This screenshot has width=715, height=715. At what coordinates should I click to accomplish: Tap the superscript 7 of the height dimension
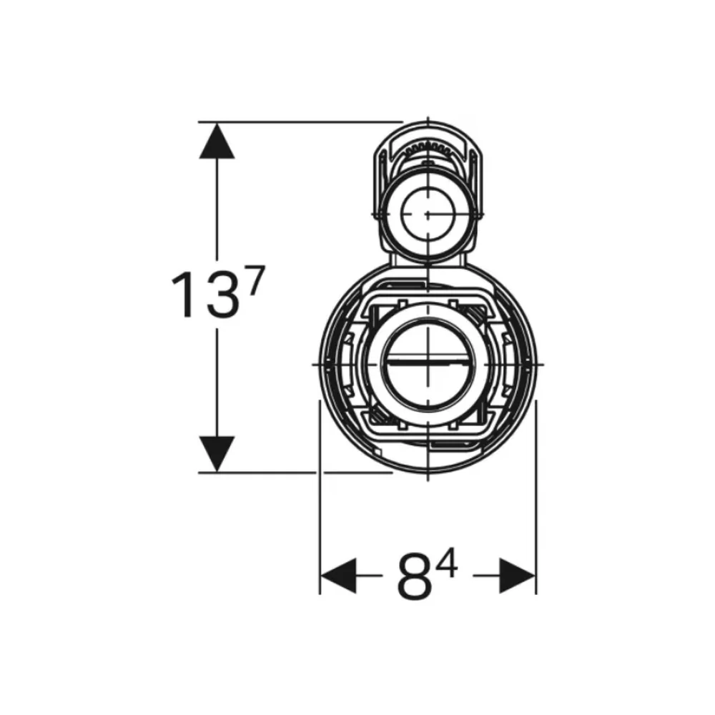[x=255, y=282]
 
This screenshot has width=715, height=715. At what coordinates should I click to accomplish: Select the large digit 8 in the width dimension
[x=414, y=576]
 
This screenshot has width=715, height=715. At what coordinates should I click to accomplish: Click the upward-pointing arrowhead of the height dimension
[x=217, y=141]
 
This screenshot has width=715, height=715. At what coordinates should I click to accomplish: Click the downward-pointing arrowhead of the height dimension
[x=217, y=454]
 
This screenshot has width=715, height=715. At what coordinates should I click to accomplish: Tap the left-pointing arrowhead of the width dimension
[x=338, y=576]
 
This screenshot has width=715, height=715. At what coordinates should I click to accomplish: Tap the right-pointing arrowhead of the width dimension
[x=518, y=576]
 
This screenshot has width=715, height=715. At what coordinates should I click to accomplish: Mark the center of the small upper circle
[x=428, y=213]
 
